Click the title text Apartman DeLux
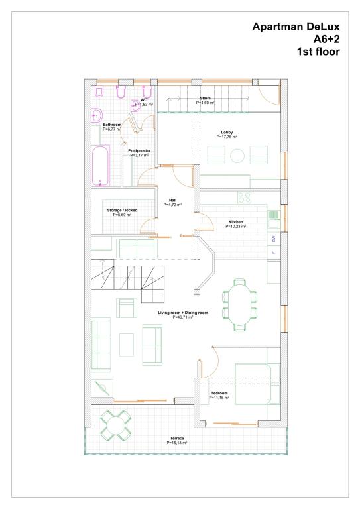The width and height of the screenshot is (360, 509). (296, 27)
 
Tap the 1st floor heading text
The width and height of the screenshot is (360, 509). (318, 52)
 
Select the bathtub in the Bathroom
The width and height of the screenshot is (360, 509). (100, 166)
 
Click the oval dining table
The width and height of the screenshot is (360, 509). (239, 304)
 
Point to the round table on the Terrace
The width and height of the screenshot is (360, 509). (115, 425)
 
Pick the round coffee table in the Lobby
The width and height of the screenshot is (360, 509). (237, 156)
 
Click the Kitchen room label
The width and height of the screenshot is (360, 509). (235, 222)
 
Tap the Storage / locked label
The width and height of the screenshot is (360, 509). (122, 210)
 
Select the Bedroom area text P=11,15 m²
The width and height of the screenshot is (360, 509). (219, 398)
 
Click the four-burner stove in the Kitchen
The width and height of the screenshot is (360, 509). (244, 197)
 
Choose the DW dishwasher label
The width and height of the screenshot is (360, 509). (274, 239)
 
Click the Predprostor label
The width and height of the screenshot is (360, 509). (139, 151)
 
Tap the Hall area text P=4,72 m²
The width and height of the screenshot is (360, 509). (172, 205)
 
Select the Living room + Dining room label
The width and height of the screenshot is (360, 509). (183, 313)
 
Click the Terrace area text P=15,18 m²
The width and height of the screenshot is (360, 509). (177, 443)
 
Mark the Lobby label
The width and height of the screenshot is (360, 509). (227, 132)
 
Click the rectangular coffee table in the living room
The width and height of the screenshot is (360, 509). (126, 345)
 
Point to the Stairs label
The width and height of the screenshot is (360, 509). (205, 98)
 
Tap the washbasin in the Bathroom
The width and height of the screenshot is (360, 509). (97, 115)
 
